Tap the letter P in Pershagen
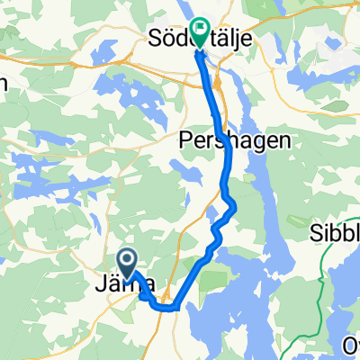tap(185, 140)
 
